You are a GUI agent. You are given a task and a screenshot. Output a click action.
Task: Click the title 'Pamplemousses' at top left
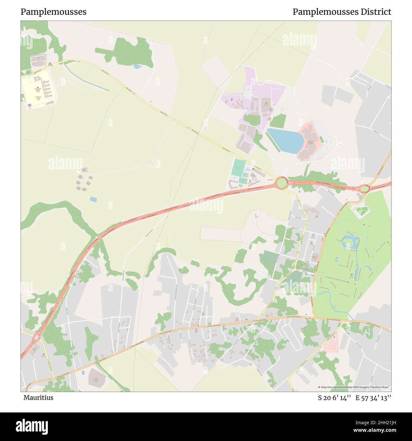(x=54, y=12)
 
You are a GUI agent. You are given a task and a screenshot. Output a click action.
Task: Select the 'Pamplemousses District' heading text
(x=342, y=12)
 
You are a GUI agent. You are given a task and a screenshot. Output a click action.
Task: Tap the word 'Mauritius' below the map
(x=38, y=398)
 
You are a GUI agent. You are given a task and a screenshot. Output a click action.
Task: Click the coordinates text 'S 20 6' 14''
(x=335, y=398)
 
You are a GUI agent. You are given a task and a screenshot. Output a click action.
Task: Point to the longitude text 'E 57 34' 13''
(x=373, y=398)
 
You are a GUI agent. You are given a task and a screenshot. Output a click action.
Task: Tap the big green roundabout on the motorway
(x=281, y=183)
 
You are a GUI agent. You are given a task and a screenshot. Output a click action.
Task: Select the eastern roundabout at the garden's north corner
(x=364, y=189)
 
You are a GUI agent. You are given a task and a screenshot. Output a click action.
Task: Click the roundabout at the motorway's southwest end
(x=36, y=337)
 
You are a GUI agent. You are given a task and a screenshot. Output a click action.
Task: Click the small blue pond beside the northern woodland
(x=137, y=66)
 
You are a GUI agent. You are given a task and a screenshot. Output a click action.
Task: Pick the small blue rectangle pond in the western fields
(x=93, y=199)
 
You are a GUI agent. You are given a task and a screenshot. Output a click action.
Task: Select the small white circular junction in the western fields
(x=154, y=164)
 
